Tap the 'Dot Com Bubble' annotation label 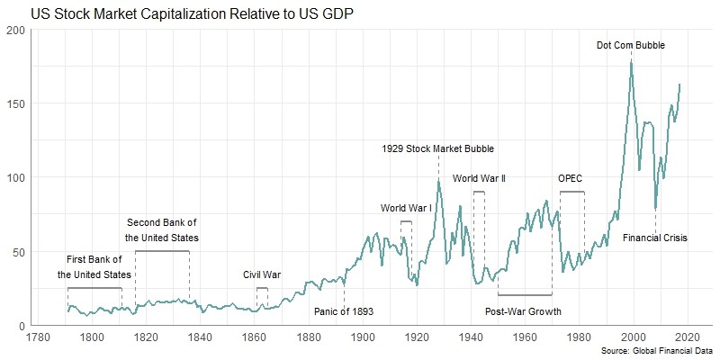[x=631, y=44]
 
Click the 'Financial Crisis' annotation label [x=655, y=238]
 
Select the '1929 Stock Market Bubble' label [x=437, y=148]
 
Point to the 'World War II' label [x=479, y=179]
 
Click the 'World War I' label [x=406, y=209]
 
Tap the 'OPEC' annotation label [x=571, y=179]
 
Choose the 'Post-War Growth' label [x=523, y=311]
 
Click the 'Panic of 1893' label [x=344, y=311]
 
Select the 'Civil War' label [x=262, y=274]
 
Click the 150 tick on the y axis [x=15, y=103]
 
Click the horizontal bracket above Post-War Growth [x=525, y=294]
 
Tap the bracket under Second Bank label [x=162, y=252]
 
